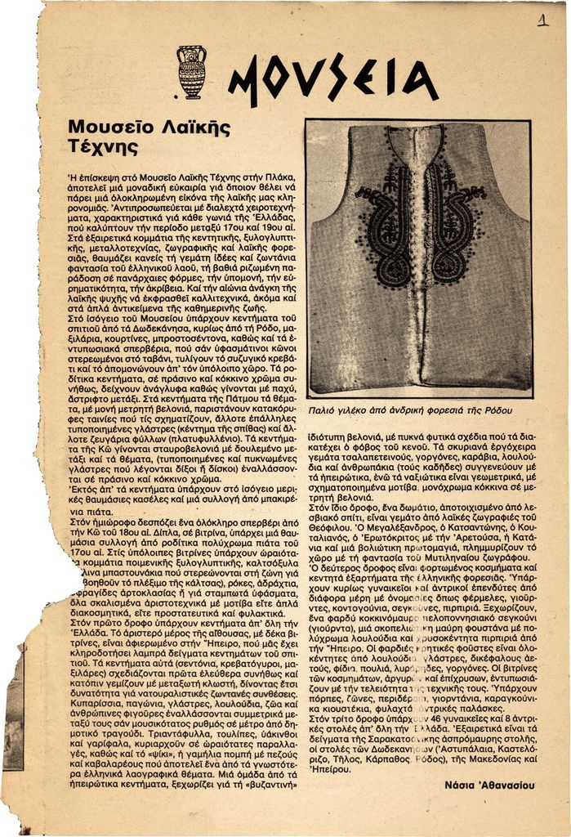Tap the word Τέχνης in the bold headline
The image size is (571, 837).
pyautogui.click(x=103, y=147)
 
